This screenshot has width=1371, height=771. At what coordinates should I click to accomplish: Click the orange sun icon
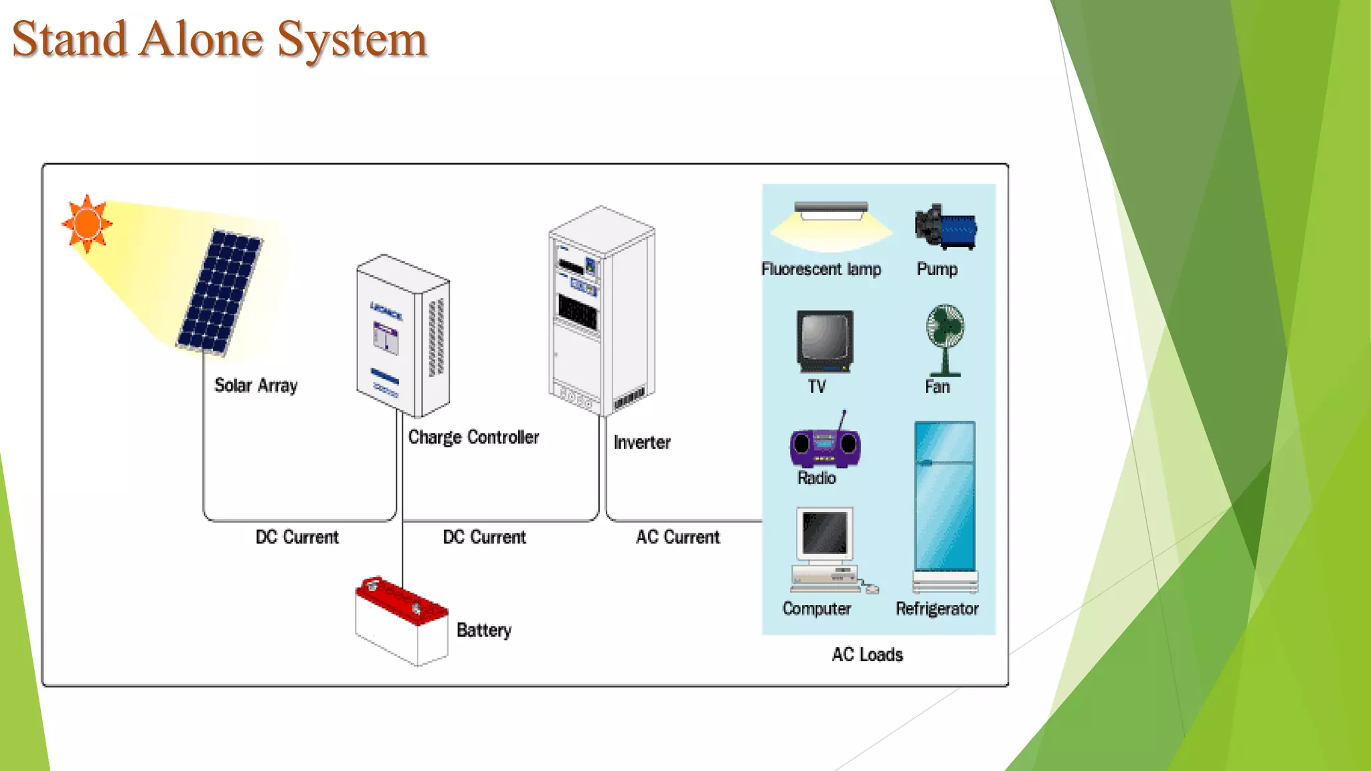point(87,224)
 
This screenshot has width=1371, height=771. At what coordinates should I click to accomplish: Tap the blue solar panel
point(220,292)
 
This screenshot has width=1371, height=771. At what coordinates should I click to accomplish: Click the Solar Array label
point(256,385)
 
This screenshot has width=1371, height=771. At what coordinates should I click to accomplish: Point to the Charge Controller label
point(473,437)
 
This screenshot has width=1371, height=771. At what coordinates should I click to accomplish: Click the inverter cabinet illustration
point(601,311)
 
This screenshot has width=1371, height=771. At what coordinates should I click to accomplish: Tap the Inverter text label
point(641,442)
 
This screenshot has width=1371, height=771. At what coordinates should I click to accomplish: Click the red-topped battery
point(402,620)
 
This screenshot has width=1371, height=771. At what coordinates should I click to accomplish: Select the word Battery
point(483,630)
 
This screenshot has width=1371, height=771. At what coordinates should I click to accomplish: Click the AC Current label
point(677,537)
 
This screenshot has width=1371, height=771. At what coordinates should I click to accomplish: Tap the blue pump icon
point(946,228)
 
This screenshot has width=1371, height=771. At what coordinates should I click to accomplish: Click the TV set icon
point(825,341)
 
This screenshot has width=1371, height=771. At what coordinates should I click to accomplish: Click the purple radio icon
point(825,446)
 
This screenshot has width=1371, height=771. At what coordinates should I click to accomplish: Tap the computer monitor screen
point(825,533)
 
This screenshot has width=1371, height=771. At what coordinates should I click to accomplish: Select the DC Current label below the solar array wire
point(297,537)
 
